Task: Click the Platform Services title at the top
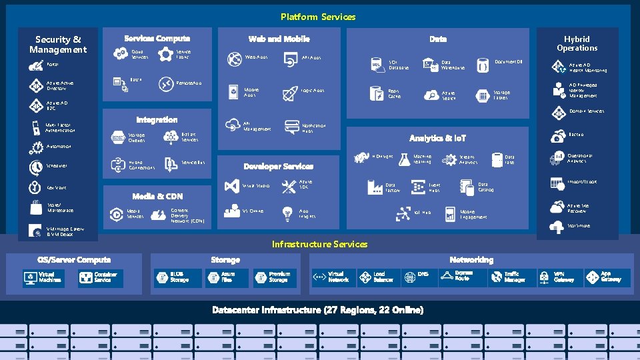tap(318, 17)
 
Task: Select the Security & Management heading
tap(58, 45)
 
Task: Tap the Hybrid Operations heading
tap(577, 44)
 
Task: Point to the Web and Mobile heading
tap(279, 39)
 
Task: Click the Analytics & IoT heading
tap(437, 138)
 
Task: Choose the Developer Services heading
tap(278, 166)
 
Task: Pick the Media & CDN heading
tap(157, 196)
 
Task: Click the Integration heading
tap(157, 120)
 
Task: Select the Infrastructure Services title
tap(319, 244)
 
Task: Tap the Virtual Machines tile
tap(43, 277)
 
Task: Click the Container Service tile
tap(100, 277)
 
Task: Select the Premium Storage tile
tap(273, 277)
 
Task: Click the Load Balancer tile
tap(377, 277)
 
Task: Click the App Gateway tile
tap(604, 277)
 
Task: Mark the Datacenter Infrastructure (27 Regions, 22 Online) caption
tap(317, 310)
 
